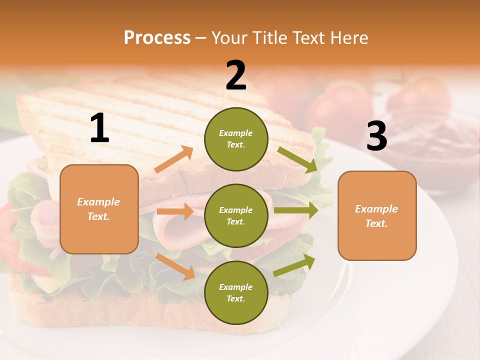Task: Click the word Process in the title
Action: pyautogui.click(x=157, y=38)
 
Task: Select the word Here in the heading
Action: pyautogui.click(x=347, y=38)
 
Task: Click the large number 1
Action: pyautogui.click(x=99, y=128)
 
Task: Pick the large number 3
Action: pyautogui.click(x=376, y=136)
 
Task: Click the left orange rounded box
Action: pyautogui.click(x=99, y=209)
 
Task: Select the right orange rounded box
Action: pyautogui.click(x=377, y=216)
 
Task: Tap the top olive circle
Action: pyautogui.click(x=236, y=139)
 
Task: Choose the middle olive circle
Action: pyautogui.click(x=236, y=215)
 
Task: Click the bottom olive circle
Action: pyautogui.click(x=236, y=292)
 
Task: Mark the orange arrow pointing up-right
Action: pyautogui.click(x=174, y=159)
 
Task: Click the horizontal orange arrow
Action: pyautogui.click(x=175, y=211)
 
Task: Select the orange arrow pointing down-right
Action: pyautogui.click(x=175, y=266)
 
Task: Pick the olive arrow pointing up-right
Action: pyautogui.click(x=294, y=265)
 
